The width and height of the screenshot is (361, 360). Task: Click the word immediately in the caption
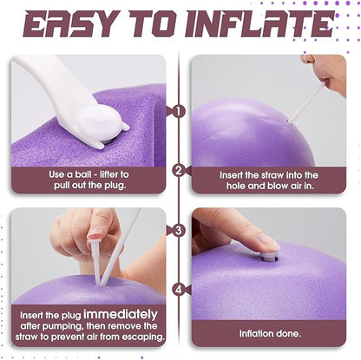(x=121, y=314)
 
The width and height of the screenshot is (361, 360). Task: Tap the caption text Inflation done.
(x=270, y=334)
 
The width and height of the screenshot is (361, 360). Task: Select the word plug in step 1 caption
(x=116, y=186)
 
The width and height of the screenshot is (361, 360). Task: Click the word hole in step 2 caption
(x=236, y=186)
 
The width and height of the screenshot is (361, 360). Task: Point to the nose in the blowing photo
(x=308, y=59)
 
